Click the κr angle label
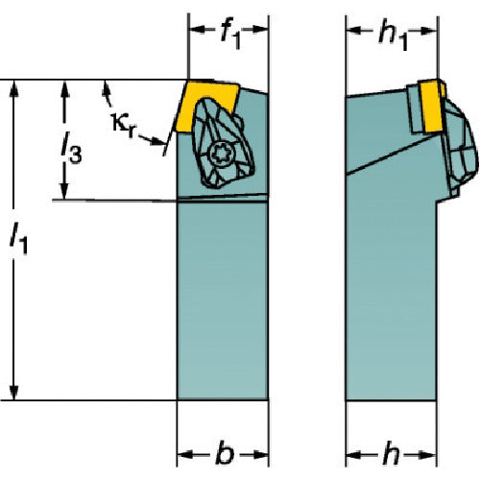click(x=124, y=126)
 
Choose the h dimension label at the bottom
click(x=391, y=455)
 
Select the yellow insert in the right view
click(x=431, y=107)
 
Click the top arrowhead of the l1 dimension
click(x=14, y=88)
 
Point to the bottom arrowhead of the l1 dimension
click(x=14, y=392)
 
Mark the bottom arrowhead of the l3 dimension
click(x=65, y=191)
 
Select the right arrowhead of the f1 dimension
click(x=259, y=30)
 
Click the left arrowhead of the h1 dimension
click(x=354, y=31)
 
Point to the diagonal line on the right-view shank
click(x=389, y=156)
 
